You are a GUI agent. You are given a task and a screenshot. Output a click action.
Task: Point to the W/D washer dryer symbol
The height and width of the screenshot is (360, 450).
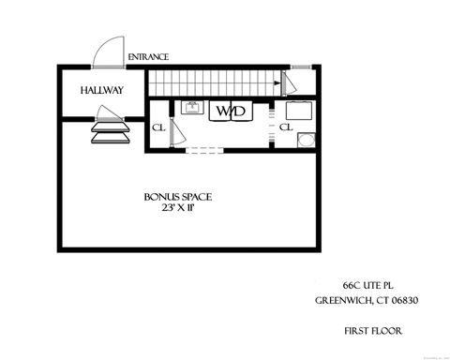click(x=231, y=112)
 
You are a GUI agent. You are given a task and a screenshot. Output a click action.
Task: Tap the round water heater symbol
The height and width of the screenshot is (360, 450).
click(x=306, y=141)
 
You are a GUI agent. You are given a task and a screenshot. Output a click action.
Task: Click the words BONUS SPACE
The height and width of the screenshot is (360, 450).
click(x=177, y=197)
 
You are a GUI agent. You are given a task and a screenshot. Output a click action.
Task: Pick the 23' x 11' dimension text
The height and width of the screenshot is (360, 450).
click(x=177, y=210)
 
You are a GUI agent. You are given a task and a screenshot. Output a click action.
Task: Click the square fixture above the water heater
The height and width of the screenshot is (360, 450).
click(x=306, y=109)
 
